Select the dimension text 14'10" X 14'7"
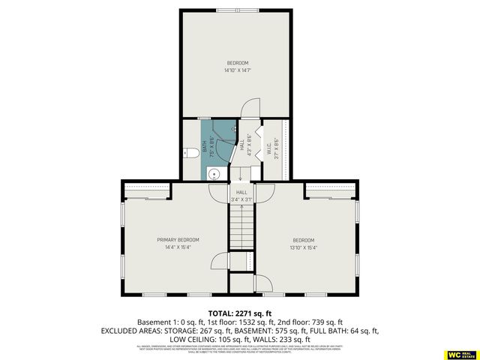click(x=237, y=70)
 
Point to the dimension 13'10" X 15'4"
click(x=304, y=248)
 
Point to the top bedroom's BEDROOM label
click(x=237, y=62)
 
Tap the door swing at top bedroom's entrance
click(x=250, y=110)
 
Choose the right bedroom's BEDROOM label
click(x=304, y=240)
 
